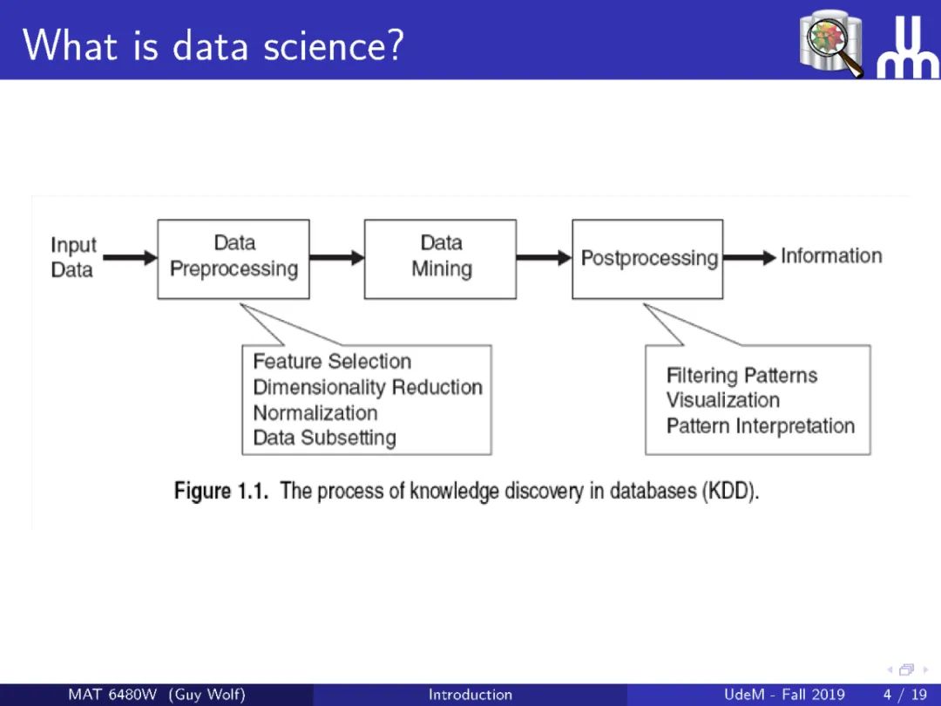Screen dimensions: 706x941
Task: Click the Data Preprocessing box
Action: point(234,258)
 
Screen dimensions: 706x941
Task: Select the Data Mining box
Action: point(440,258)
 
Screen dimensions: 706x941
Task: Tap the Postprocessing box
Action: point(647,258)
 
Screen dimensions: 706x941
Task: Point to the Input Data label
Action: point(73,257)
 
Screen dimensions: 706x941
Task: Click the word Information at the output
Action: point(831,256)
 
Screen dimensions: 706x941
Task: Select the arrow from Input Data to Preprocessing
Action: point(131,258)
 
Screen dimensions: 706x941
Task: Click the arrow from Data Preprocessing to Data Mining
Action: point(336,258)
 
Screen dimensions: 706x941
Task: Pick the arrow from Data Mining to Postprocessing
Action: point(544,258)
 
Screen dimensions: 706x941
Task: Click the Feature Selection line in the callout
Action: point(332,362)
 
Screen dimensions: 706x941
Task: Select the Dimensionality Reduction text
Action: point(368,387)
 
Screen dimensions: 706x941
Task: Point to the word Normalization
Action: point(315,412)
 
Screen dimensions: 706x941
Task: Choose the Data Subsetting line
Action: point(324,438)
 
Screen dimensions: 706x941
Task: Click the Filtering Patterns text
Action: point(742,376)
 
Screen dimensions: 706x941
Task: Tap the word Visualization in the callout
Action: point(723,401)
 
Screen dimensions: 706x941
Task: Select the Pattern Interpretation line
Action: point(761,426)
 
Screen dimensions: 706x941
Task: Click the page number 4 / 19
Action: point(905,695)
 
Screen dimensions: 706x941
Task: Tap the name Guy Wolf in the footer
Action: point(207,695)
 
